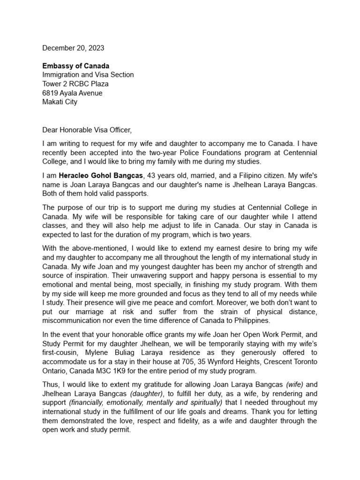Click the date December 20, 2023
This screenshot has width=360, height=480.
tap(73, 48)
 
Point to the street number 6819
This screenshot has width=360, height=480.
tap(51, 93)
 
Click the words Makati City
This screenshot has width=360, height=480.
tap(60, 102)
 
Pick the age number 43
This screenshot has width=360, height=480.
tap(151, 175)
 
